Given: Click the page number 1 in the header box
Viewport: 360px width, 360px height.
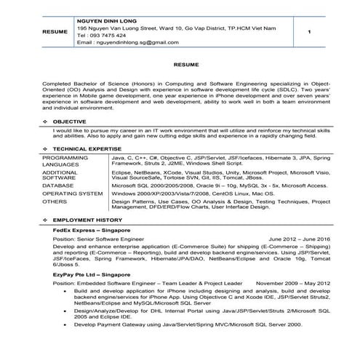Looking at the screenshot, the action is tap(310, 33).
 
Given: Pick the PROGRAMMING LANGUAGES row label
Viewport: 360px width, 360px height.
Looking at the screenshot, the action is tap(65, 161).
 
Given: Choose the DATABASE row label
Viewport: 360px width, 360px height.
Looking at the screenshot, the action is tap(57, 185).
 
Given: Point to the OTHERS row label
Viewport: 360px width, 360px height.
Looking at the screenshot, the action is tap(54, 203).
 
